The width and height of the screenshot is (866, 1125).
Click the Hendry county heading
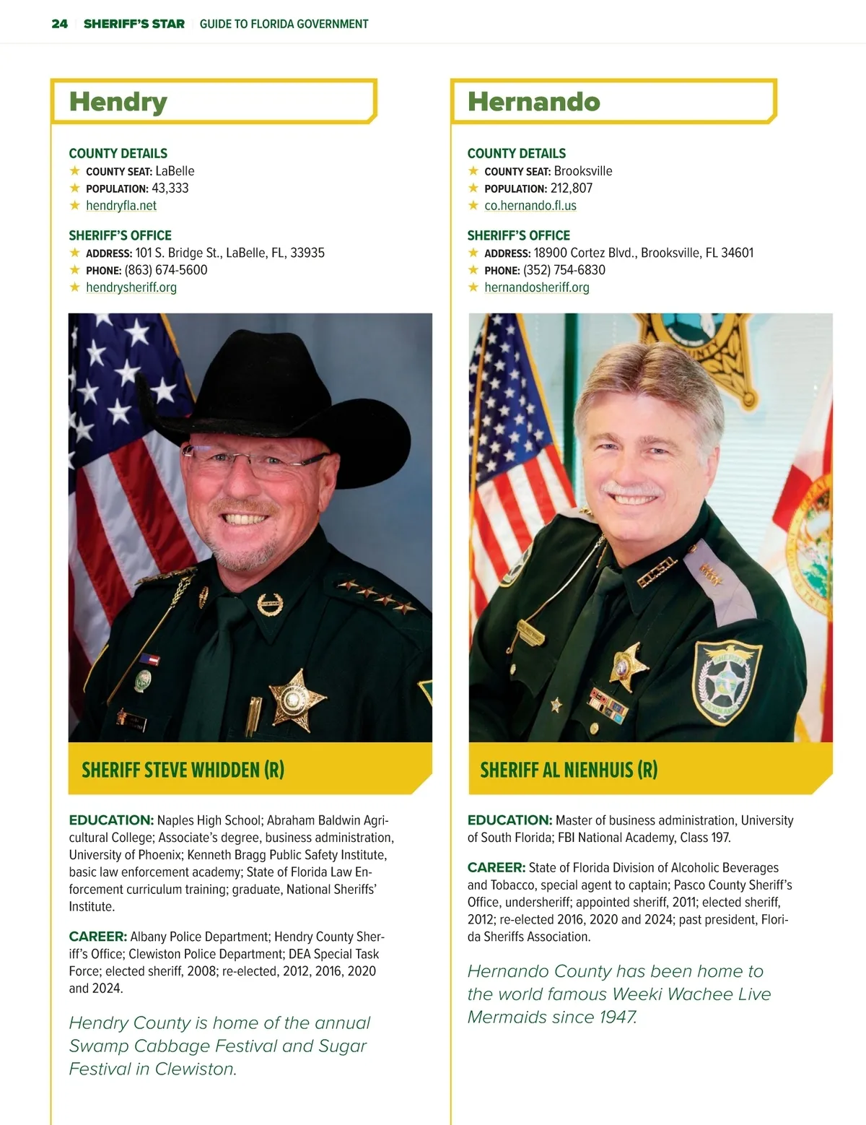click(x=118, y=102)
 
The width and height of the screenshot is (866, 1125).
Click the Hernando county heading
click(x=533, y=102)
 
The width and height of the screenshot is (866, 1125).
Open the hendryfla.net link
click(x=121, y=205)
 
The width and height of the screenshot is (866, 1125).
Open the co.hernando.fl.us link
click(x=530, y=205)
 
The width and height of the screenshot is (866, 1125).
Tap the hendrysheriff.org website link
click(x=131, y=287)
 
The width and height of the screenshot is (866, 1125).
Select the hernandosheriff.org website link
click(x=537, y=287)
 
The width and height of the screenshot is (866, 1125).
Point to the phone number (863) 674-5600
click(x=166, y=270)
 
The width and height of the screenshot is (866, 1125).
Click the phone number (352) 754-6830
click(x=564, y=270)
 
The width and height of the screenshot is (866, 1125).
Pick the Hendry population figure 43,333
click(x=170, y=188)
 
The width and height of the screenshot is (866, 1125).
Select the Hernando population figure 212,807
click(x=572, y=188)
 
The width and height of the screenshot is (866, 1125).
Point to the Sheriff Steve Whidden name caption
click(x=183, y=770)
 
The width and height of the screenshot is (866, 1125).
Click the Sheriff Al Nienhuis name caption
click(x=569, y=770)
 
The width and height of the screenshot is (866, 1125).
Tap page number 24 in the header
click(x=60, y=24)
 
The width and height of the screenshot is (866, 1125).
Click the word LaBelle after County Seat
click(x=175, y=171)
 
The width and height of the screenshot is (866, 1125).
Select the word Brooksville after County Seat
click(x=583, y=171)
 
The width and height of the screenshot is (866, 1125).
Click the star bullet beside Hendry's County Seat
click(x=75, y=171)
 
